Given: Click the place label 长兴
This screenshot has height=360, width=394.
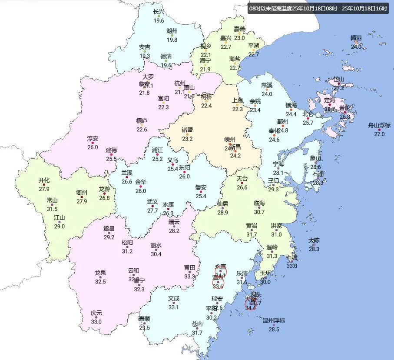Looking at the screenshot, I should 159,12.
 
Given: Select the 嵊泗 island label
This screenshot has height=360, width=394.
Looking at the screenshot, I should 356,38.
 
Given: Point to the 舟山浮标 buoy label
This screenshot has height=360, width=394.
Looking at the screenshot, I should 379,125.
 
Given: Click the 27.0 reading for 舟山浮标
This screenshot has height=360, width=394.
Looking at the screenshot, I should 379,134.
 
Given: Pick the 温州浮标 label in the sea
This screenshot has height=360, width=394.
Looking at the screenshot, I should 274,320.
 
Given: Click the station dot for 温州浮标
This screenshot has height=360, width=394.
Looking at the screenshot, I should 274,325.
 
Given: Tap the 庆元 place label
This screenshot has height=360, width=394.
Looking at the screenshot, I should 96,313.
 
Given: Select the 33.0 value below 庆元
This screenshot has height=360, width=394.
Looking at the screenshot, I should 96,322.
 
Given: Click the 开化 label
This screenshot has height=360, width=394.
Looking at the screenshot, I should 44,180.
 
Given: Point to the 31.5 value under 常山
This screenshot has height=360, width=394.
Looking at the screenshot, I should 52,209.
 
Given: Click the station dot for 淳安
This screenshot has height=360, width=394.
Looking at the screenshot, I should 93,143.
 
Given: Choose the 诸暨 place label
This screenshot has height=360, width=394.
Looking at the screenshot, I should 187,130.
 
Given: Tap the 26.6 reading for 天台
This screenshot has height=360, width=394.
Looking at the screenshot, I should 242,187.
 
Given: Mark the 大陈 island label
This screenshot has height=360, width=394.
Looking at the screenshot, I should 314,240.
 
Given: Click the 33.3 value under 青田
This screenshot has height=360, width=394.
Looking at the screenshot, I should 189,276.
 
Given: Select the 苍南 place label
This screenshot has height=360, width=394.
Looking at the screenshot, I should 197,324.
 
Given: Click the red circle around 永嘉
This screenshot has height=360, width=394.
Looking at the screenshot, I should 221,272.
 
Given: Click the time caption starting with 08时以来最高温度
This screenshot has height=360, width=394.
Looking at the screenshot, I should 318,8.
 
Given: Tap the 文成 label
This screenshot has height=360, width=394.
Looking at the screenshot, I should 173,299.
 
